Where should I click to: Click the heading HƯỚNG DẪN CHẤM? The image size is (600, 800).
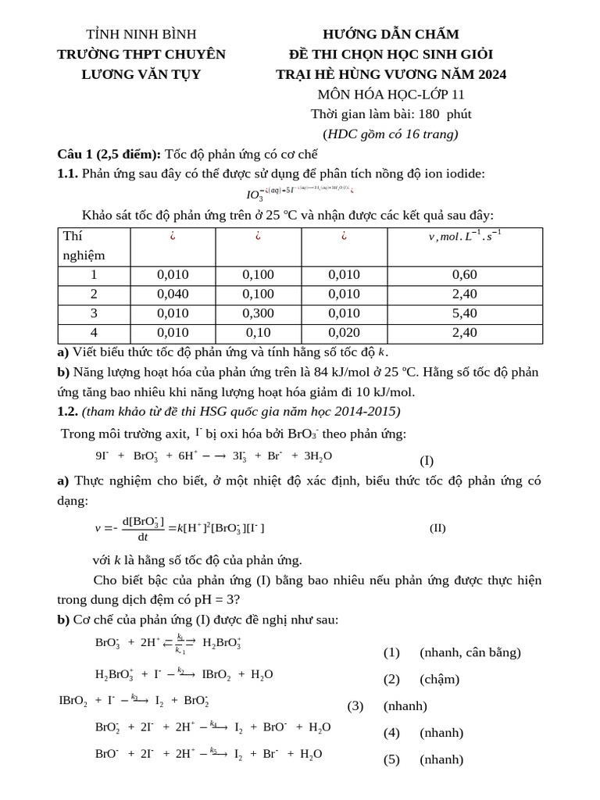pos(391,34)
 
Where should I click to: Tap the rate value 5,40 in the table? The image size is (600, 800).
pos(464,313)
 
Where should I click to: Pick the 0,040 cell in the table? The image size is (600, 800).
pos(173,294)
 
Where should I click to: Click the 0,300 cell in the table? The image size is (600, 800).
pos(259,313)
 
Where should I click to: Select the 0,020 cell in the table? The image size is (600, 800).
pos(345,333)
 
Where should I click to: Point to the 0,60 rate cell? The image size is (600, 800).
pos(464,275)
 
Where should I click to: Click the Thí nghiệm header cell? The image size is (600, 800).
pos(84,245)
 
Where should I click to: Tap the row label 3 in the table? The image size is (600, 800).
pos(94,313)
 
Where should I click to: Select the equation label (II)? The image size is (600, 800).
pos(437,527)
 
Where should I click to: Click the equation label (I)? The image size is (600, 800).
pos(427,461)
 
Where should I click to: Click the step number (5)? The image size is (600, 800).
pos(391,759)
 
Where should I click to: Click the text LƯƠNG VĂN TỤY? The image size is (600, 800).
pos(141,75)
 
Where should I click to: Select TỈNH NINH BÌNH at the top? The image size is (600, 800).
pos(141,34)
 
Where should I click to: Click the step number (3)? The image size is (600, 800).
pos(355,706)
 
